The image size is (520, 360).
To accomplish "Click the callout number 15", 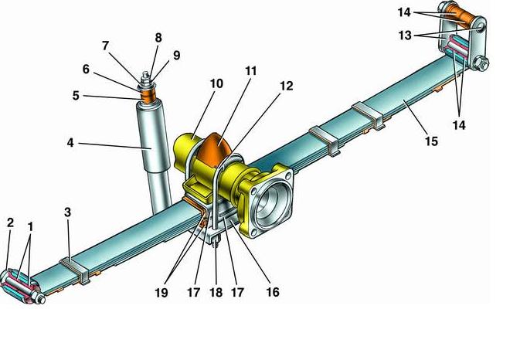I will point(431,141).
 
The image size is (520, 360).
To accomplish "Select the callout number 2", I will point(10,223).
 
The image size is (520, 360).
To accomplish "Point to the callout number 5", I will point(76,97).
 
